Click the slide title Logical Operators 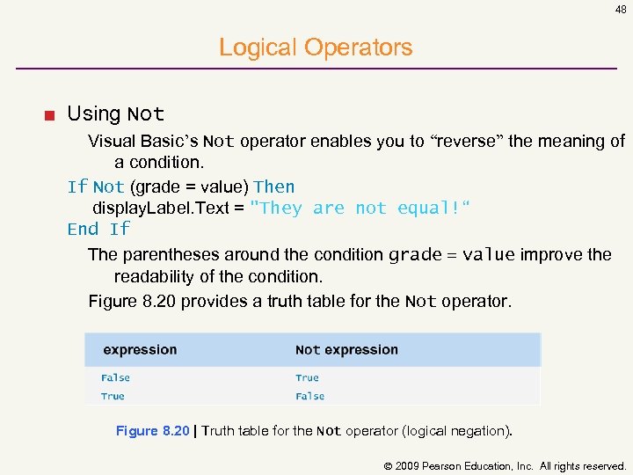coord(316,47)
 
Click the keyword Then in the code coord(274,186)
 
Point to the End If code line coord(98,229)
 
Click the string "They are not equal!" coord(360,208)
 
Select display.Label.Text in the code coord(167,208)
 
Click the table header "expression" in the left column coord(140,349)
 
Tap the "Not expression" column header coord(346,349)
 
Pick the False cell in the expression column coord(115,377)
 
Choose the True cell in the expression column coord(113,396)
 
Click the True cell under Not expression coord(307,377)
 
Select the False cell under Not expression coord(309,396)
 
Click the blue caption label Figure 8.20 coord(152,431)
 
